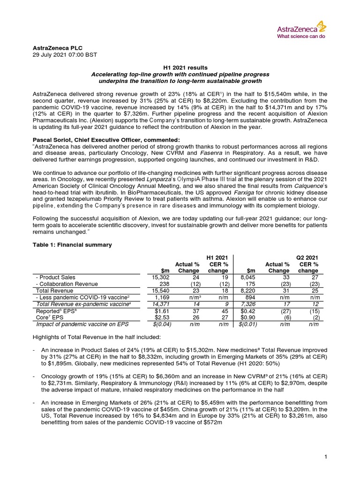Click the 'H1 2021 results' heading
coord(180,68)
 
